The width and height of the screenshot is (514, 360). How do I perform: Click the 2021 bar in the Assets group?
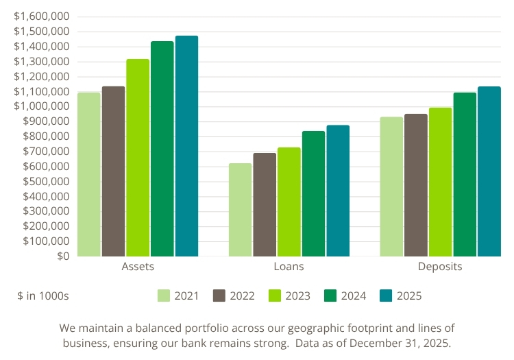pos(89,174)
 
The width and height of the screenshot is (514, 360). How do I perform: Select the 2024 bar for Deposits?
pos(465,174)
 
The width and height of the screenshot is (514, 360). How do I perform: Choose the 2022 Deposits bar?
pos(416,185)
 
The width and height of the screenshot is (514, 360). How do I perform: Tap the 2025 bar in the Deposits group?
pos(489,171)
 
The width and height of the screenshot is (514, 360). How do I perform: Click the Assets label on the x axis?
pos(138,267)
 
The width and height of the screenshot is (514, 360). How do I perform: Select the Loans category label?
pos(289,267)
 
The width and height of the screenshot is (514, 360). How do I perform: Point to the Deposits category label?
pos(440,267)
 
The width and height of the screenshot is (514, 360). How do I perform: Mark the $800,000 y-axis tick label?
pos(45,136)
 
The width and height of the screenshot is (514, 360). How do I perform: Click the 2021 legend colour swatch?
pos(164,296)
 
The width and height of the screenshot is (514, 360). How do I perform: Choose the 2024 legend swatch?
pos(330,296)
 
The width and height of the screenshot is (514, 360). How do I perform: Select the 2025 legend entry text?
pos(408,296)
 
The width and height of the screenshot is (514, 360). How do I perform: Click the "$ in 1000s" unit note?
pos(43,296)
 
